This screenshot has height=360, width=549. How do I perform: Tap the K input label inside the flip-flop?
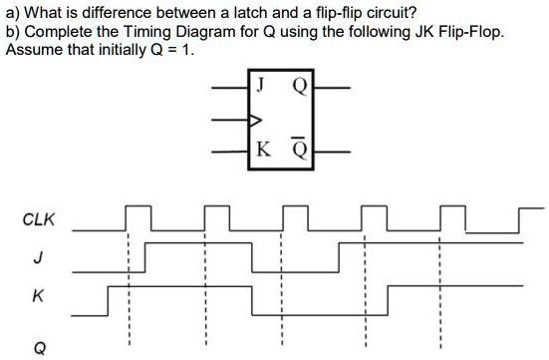(x=261, y=150)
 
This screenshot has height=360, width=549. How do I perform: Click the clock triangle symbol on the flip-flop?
(x=255, y=119)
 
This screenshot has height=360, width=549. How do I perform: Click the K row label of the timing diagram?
(x=38, y=296)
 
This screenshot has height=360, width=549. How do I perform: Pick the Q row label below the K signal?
(x=39, y=347)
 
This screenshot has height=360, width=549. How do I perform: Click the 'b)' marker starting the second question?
(x=13, y=32)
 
